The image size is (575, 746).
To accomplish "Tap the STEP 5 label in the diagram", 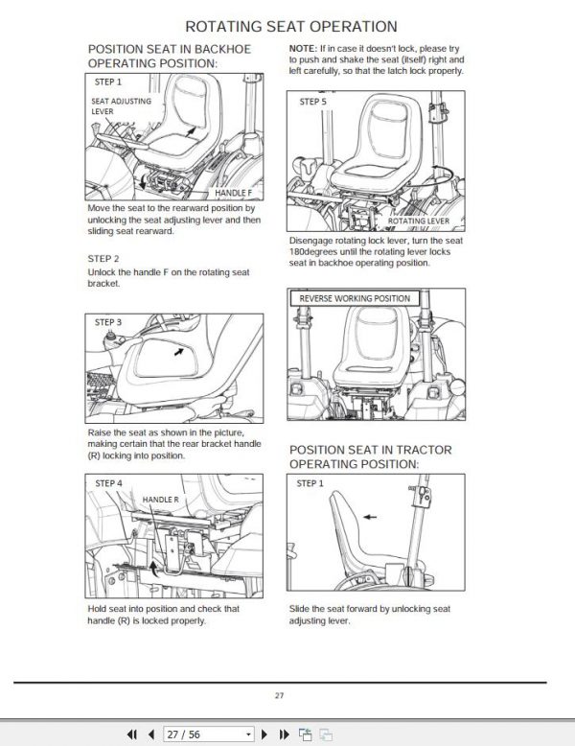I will click(x=313, y=101).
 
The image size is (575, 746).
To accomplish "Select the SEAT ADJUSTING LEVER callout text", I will click(x=114, y=105).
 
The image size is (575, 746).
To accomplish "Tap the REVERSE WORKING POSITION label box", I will click(x=354, y=298).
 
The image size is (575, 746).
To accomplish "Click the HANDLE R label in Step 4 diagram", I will click(x=160, y=500).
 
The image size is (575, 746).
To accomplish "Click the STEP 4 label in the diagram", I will click(x=108, y=483).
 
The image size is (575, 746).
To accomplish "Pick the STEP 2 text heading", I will click(x=103, y=259).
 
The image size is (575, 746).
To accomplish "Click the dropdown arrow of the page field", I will click(x=249, y=734).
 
